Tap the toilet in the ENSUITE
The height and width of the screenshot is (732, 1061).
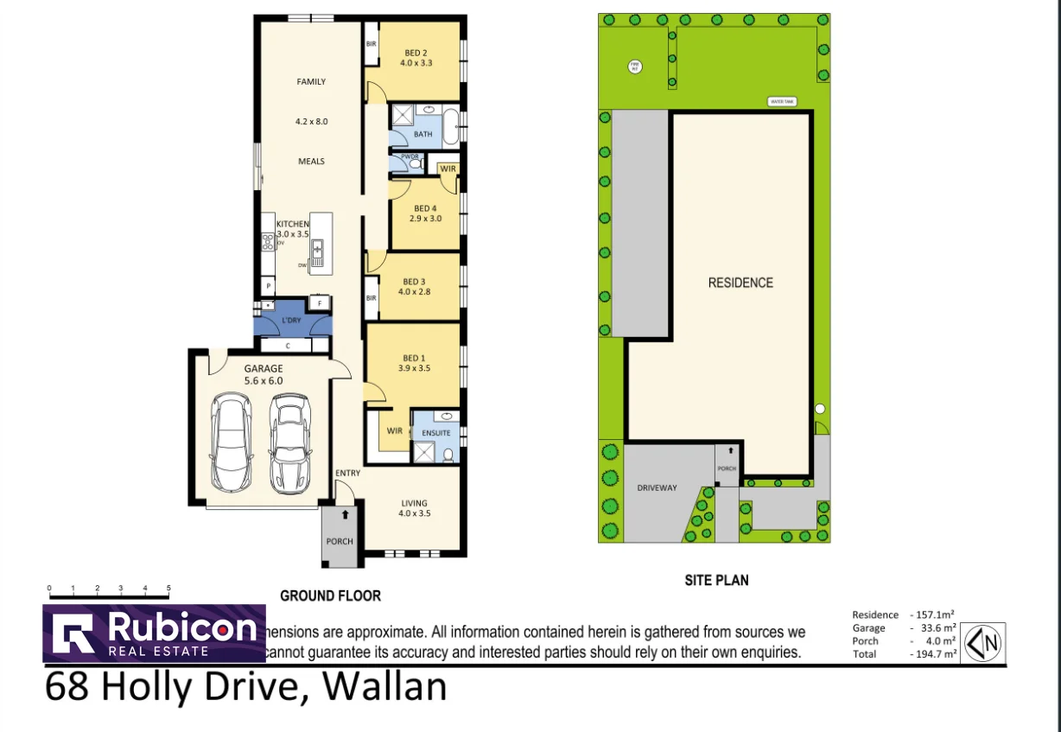[447, 455]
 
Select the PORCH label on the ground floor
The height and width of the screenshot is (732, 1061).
[340, 542]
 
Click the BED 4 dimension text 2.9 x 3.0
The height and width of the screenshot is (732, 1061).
[425, 219]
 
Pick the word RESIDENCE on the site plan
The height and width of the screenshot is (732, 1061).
[740, 283]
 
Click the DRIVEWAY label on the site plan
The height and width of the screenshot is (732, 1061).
[658, 487]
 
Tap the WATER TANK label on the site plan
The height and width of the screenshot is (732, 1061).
[782, 102]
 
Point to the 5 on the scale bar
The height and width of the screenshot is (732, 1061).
[168, 589]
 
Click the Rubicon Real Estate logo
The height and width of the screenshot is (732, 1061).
[154, 633]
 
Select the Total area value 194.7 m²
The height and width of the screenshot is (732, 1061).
[934, 654]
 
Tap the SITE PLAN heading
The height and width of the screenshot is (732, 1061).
[716, 581]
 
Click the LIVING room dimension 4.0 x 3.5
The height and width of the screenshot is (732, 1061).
[414, 513]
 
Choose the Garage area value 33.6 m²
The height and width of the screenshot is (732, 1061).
[934, 627]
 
